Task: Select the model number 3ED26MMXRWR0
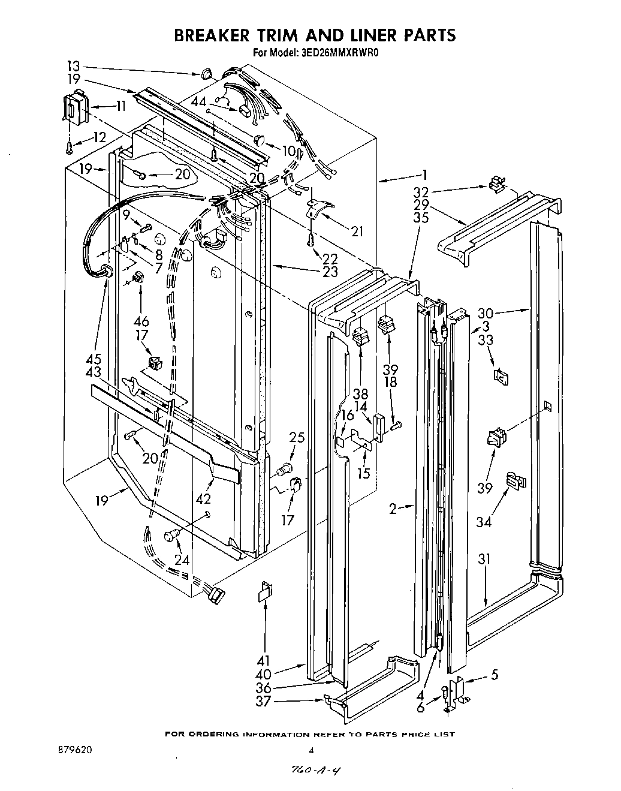point(339,52)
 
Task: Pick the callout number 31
point(484,559)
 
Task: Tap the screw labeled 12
point(70,145)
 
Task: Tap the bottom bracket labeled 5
point(460,688)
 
